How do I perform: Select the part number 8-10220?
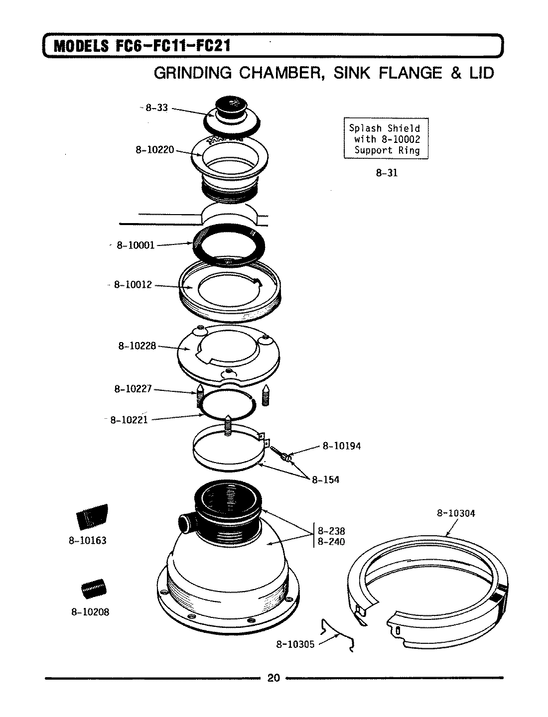(154, 149)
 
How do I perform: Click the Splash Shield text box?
(386, 139)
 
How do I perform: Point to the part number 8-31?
(387, 173)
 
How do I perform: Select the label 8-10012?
(133, 285)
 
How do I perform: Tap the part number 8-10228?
(137, 345)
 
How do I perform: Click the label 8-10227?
(133, 389)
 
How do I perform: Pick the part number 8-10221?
(129, 420)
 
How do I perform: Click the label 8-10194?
(341, 446)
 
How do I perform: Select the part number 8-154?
(325, 479)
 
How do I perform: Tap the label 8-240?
(331, 541)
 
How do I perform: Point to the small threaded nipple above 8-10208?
(94, 590)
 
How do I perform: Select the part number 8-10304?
(456, 513)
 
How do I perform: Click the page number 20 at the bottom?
(274, 678)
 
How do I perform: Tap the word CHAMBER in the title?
(278, 73)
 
